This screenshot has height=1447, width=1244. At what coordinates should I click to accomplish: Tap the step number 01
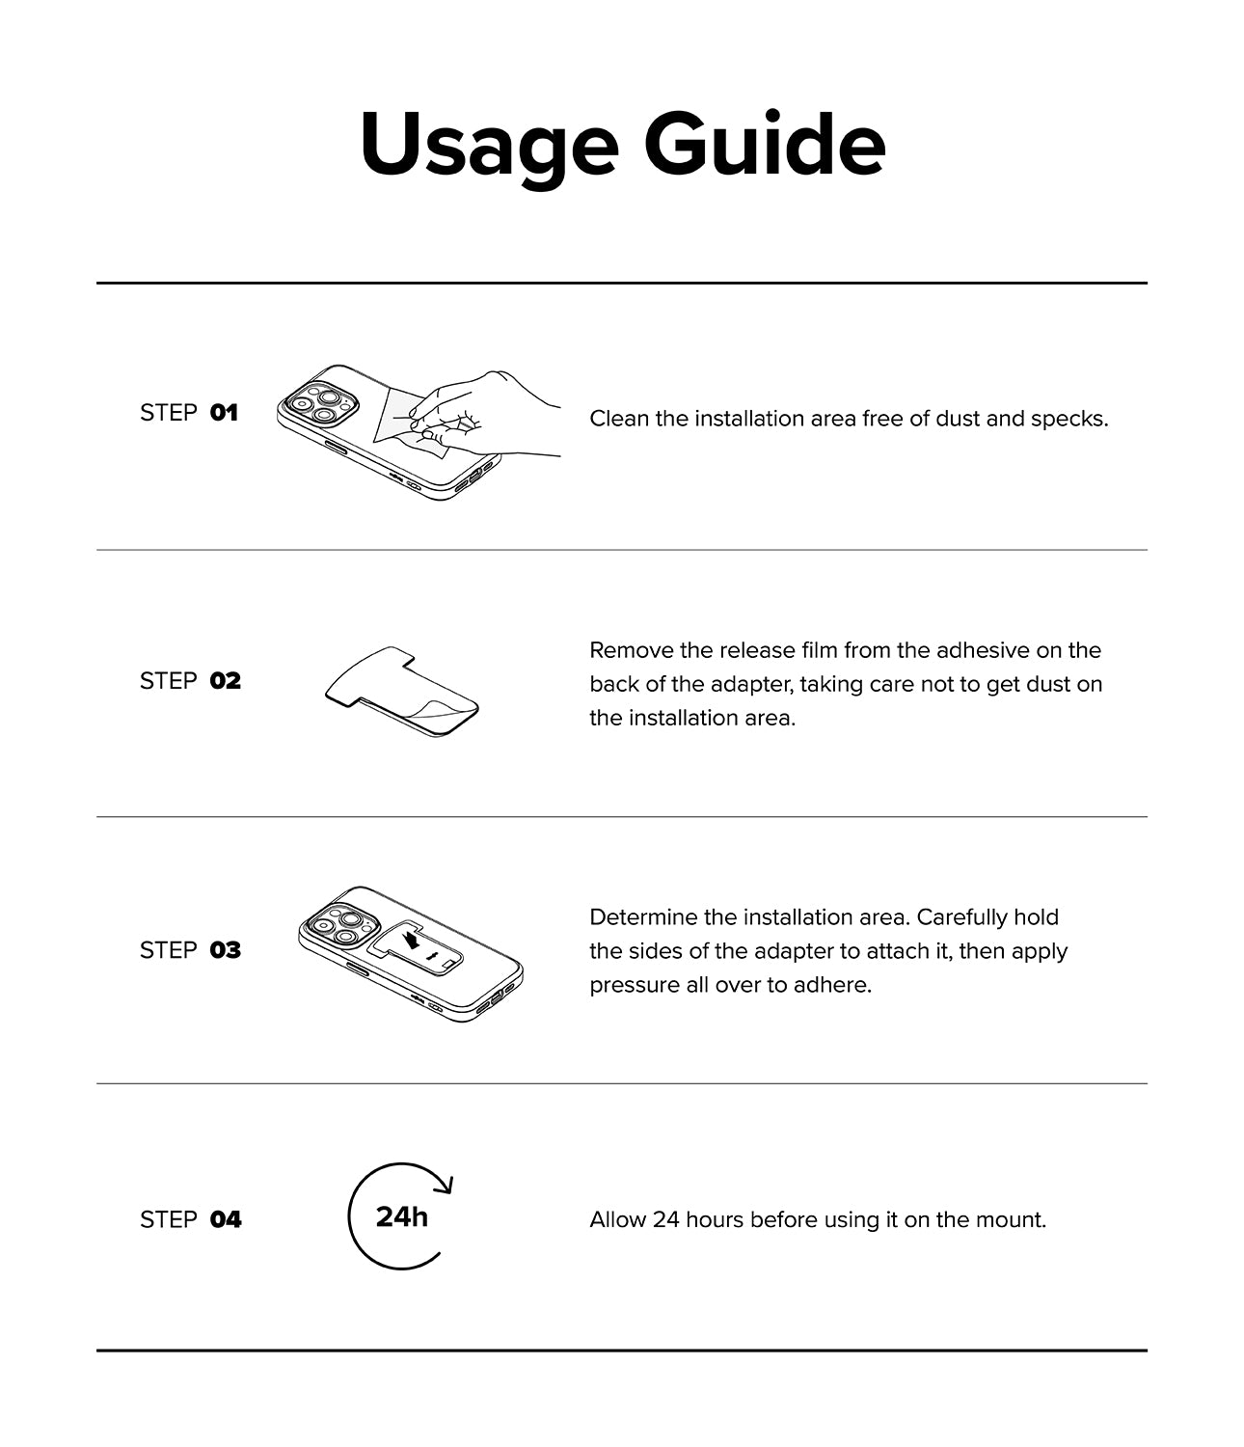[224, 413]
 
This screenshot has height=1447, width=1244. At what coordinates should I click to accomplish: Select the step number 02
[225, 681]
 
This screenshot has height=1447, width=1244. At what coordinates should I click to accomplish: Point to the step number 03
[225, 950]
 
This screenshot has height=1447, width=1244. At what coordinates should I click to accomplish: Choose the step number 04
[226, 1219]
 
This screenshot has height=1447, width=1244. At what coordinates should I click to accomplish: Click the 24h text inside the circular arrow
[401, 1216]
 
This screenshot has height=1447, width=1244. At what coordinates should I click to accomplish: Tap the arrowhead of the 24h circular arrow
[446, 1184]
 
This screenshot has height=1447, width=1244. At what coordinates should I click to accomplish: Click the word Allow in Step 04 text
[617, 1219]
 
